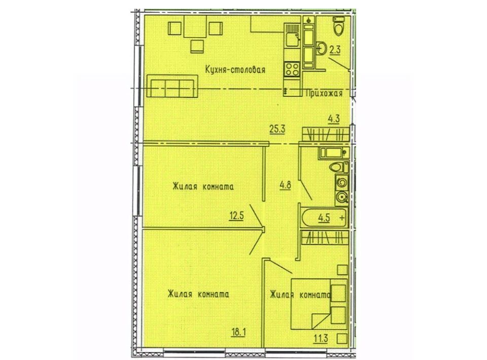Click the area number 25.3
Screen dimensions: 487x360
coord(277,129)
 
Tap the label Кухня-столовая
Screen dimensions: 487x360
coord(235,69)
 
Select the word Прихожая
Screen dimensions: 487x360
coord(324,93)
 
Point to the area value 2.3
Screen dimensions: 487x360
coord(335,50)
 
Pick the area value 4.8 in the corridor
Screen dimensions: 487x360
coord(285,185)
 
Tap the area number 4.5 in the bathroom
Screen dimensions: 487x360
coord(324,218)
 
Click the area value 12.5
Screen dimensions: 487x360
coord(236,215)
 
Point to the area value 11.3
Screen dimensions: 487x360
coord(321,338)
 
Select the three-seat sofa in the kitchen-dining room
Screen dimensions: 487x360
coord(172,86)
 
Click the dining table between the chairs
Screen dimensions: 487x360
coord(195,26)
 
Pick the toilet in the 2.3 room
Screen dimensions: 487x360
coord(338,25)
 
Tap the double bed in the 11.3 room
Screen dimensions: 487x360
coord(319,304)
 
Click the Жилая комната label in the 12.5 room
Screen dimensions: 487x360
coord(203,187)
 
